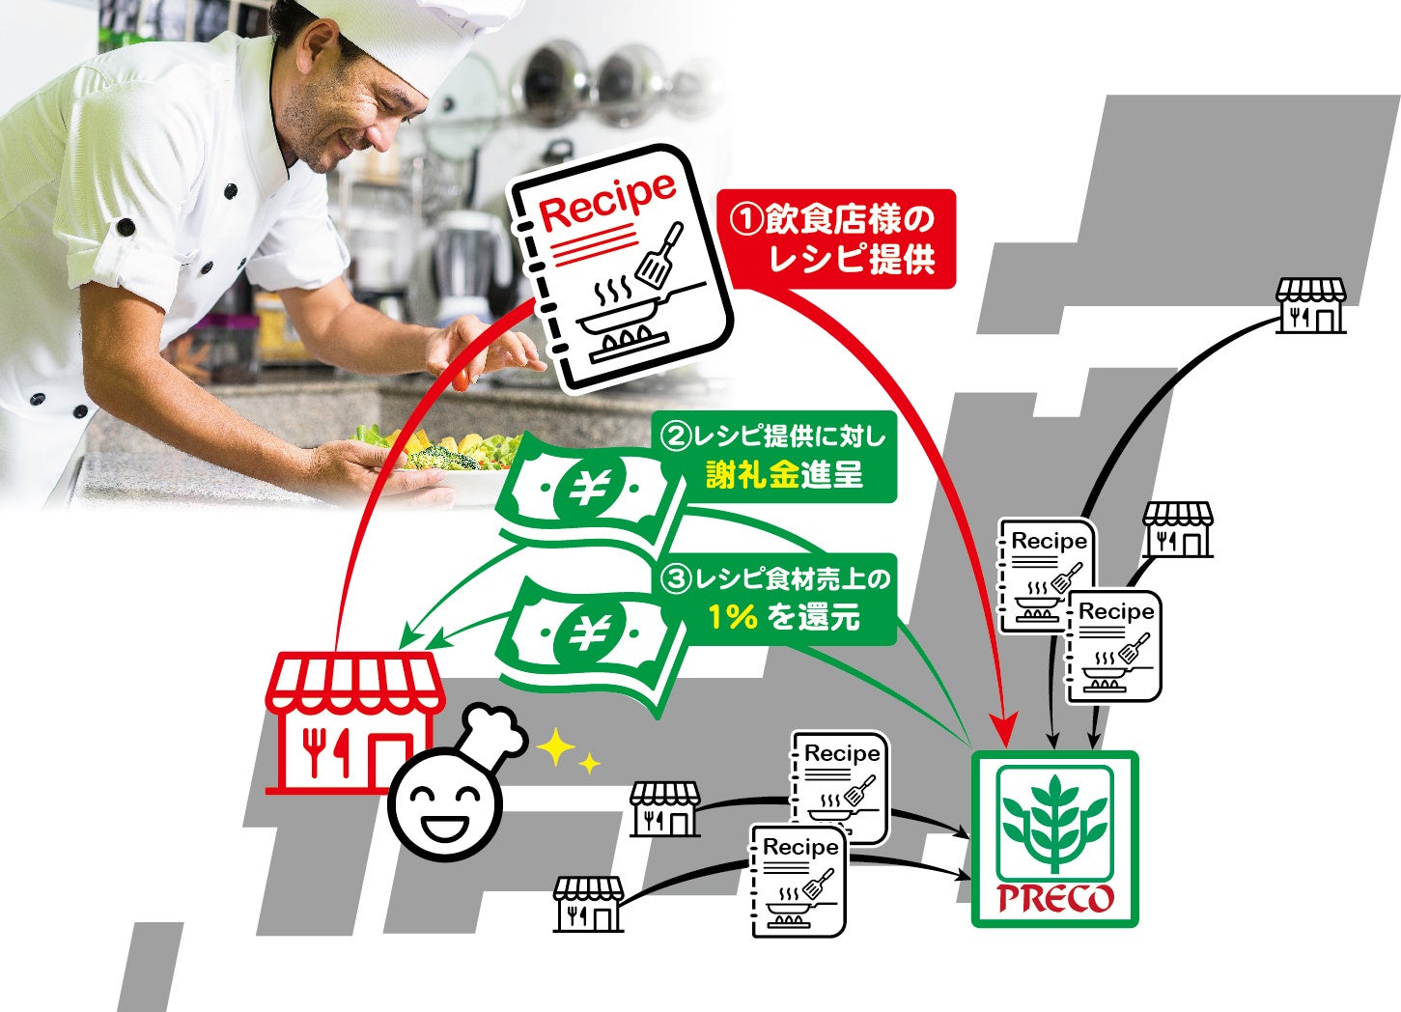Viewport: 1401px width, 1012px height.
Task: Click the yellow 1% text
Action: (732, 616)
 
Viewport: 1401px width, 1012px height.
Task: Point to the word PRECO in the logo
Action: (1054, 899)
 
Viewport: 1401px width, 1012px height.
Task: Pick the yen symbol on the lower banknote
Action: (586, 633)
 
